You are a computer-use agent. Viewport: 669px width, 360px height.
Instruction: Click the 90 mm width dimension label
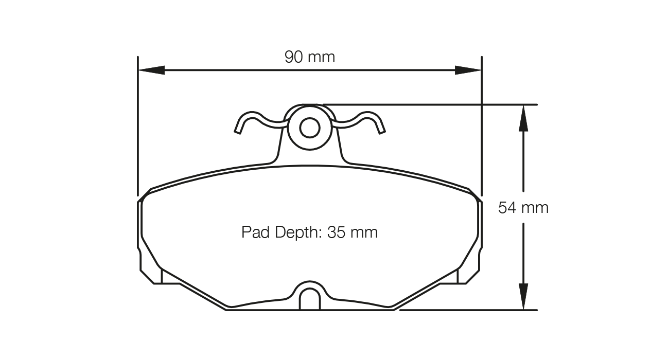(309, 57)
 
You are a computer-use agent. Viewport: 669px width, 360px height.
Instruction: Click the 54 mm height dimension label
(523, 208)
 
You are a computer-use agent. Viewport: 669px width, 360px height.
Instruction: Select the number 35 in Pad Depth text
(336, 232)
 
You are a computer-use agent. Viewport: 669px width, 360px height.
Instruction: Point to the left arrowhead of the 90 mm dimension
(152, 70)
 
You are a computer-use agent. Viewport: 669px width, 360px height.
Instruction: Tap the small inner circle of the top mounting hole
(309, 128)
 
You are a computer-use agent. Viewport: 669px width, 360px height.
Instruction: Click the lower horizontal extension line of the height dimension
(468, 310)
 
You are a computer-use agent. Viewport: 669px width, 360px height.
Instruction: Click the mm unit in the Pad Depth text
(364, 232)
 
